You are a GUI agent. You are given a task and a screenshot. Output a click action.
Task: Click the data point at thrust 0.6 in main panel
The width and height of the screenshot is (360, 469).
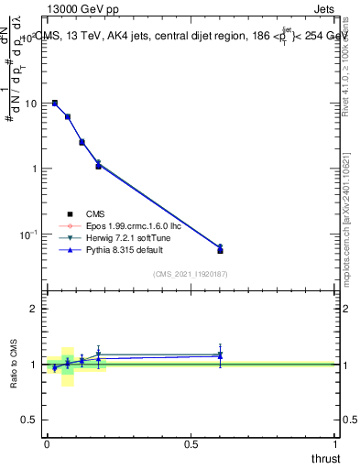click(220, 249)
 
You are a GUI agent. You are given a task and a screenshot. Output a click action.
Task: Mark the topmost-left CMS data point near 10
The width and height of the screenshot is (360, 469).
click(55, 104)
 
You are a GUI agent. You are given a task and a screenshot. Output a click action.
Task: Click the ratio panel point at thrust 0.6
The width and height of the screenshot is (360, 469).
click(220, 354)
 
